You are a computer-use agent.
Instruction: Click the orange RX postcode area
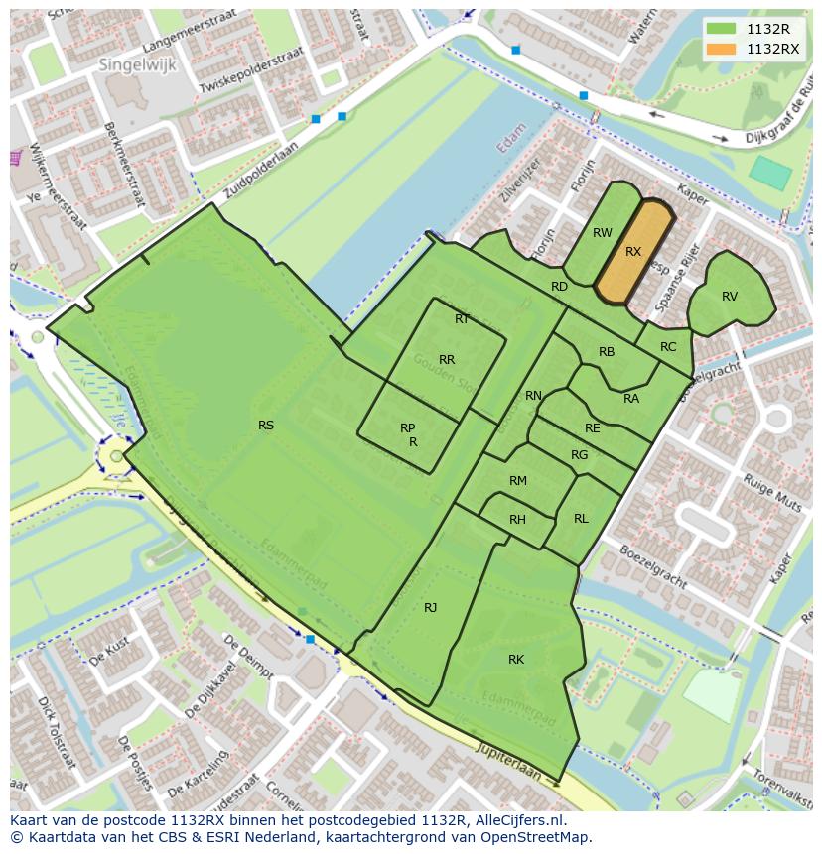(x=634, y=252)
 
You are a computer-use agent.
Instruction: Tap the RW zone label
(x=602, y=233)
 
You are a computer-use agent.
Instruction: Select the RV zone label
(x=730, y=297)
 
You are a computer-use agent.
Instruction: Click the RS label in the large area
(x=266, y=426)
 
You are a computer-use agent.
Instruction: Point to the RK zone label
(x=516, y=660)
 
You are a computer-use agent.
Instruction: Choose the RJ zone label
(x=430, y=608)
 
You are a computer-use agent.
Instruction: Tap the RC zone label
(x=668, y=347)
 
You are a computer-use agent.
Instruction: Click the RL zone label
(x=581, y=519)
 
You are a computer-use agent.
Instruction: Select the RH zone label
(x=517, y=520)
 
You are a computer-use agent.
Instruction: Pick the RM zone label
(x=517, y=481)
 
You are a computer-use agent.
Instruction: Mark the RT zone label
(x=462, y=319)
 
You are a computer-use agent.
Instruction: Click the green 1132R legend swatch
(x=722, y=29)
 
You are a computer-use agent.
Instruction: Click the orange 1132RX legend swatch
(x=722, y=49)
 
